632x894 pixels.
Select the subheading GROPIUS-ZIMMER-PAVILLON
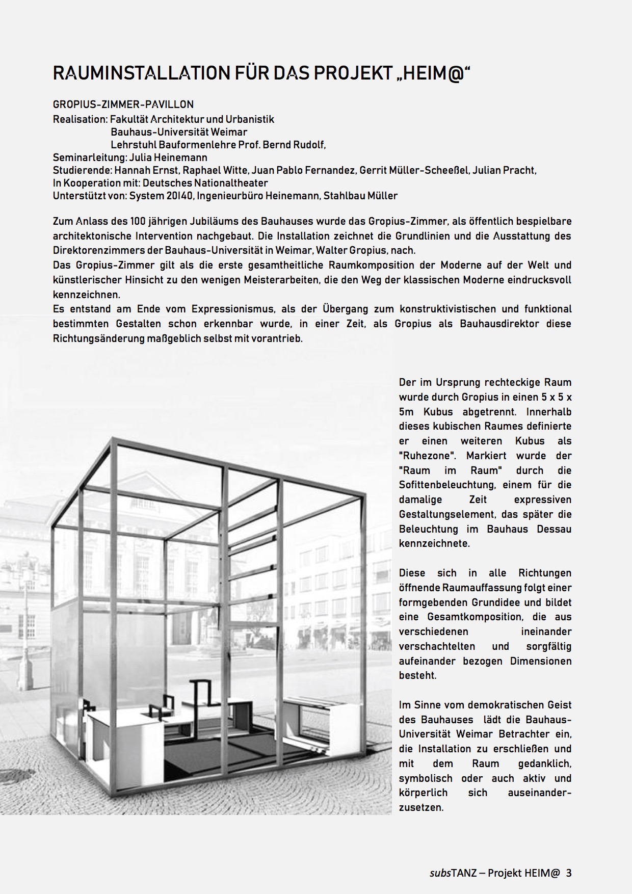123,104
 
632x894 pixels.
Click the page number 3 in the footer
569,873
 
